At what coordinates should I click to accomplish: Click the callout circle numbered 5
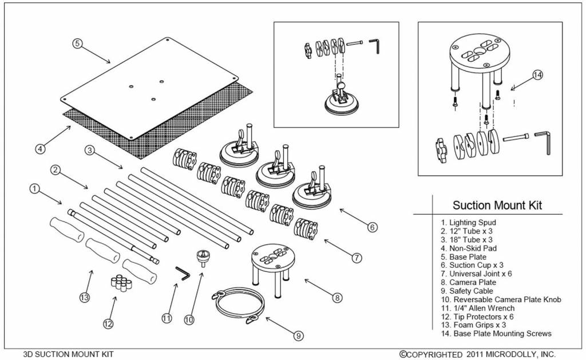[x=78, y=43]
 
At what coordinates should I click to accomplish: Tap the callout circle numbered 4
[x=39, y=149]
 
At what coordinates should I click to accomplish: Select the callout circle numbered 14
[x=537, y=76]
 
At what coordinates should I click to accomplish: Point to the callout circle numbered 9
[x=299, y=336]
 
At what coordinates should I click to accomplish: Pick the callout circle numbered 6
[x=373, y=227]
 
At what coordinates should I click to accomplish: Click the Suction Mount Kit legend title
[x=497, y=205]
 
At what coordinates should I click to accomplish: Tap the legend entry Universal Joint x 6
[x=476, y=274]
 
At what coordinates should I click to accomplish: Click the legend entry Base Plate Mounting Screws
[x=496, y=333]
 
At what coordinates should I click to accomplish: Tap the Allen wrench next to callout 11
[x=183, y=273]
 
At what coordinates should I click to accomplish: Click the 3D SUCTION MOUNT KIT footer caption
[x=68, y=354]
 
